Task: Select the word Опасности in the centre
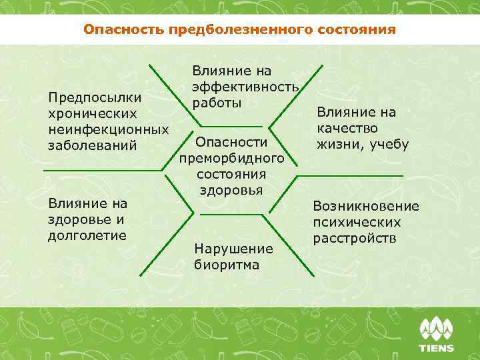tap(231, 142)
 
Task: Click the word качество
tap(347, 127)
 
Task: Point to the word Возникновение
tap(366, 207)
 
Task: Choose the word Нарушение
tap(233, 249)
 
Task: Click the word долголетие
tap(87, 234)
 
